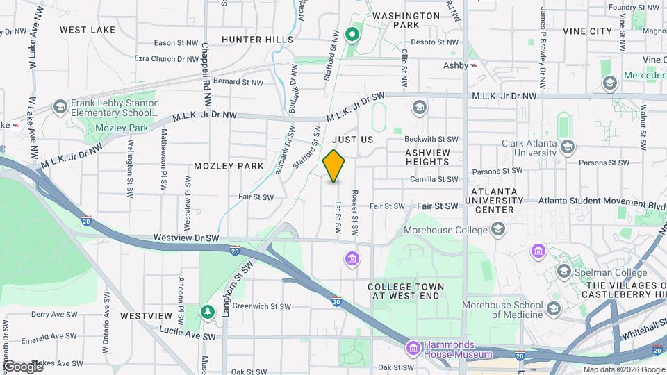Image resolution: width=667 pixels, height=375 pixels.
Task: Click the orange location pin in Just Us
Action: click(x=334, y=166)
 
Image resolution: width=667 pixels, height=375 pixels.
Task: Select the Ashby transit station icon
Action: click(x=473, y=65)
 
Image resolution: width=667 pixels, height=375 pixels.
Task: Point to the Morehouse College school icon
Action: click(x=498, y=228)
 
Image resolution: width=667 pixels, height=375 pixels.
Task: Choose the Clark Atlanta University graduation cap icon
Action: click(x=568, y=146)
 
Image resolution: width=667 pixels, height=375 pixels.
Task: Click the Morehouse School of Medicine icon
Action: click(x=554, y=307)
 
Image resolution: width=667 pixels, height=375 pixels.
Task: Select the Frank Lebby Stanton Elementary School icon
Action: click(x=60, y=108)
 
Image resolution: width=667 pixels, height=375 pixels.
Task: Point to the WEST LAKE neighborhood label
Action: click(x=88, y=30)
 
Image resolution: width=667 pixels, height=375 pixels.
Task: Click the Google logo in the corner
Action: click(x=23, y=366)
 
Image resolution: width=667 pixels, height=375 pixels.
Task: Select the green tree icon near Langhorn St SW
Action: click(x=206, y=312)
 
